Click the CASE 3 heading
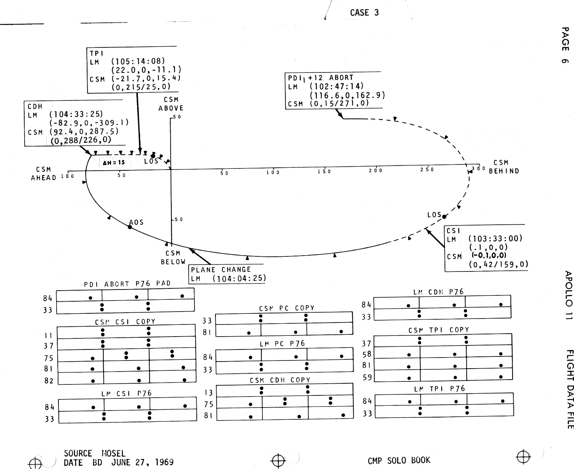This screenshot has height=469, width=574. pos(364,13)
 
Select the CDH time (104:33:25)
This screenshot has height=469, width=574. pos(76,114)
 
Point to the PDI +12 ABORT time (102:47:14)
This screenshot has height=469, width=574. pos(336,86)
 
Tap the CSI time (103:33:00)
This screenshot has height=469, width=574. pos(495,239)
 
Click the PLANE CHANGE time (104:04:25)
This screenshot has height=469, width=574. pos(239,278)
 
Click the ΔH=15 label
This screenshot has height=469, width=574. pos(114,163)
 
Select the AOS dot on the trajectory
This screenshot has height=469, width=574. pos(130,227)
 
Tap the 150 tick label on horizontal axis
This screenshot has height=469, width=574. pos(324,171)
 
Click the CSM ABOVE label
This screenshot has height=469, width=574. pos(171,104)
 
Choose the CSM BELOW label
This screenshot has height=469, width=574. pos(173,257)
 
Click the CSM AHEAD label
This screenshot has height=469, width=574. pos(43,174)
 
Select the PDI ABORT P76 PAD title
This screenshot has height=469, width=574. pos(127,284)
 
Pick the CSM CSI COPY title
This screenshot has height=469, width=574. pos(125,321)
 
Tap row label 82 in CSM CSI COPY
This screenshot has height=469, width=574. pos(49,381)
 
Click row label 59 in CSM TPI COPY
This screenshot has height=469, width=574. pos(367,377)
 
